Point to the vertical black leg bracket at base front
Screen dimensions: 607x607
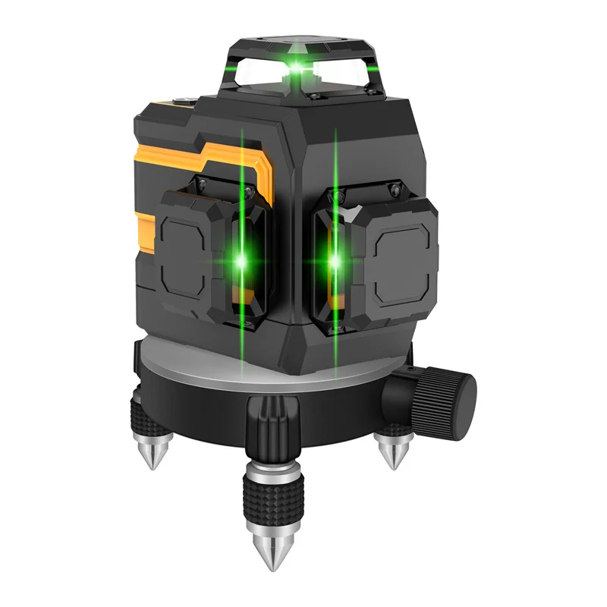(x=269, y=433)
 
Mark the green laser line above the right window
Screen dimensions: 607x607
(x=335, y=159)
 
